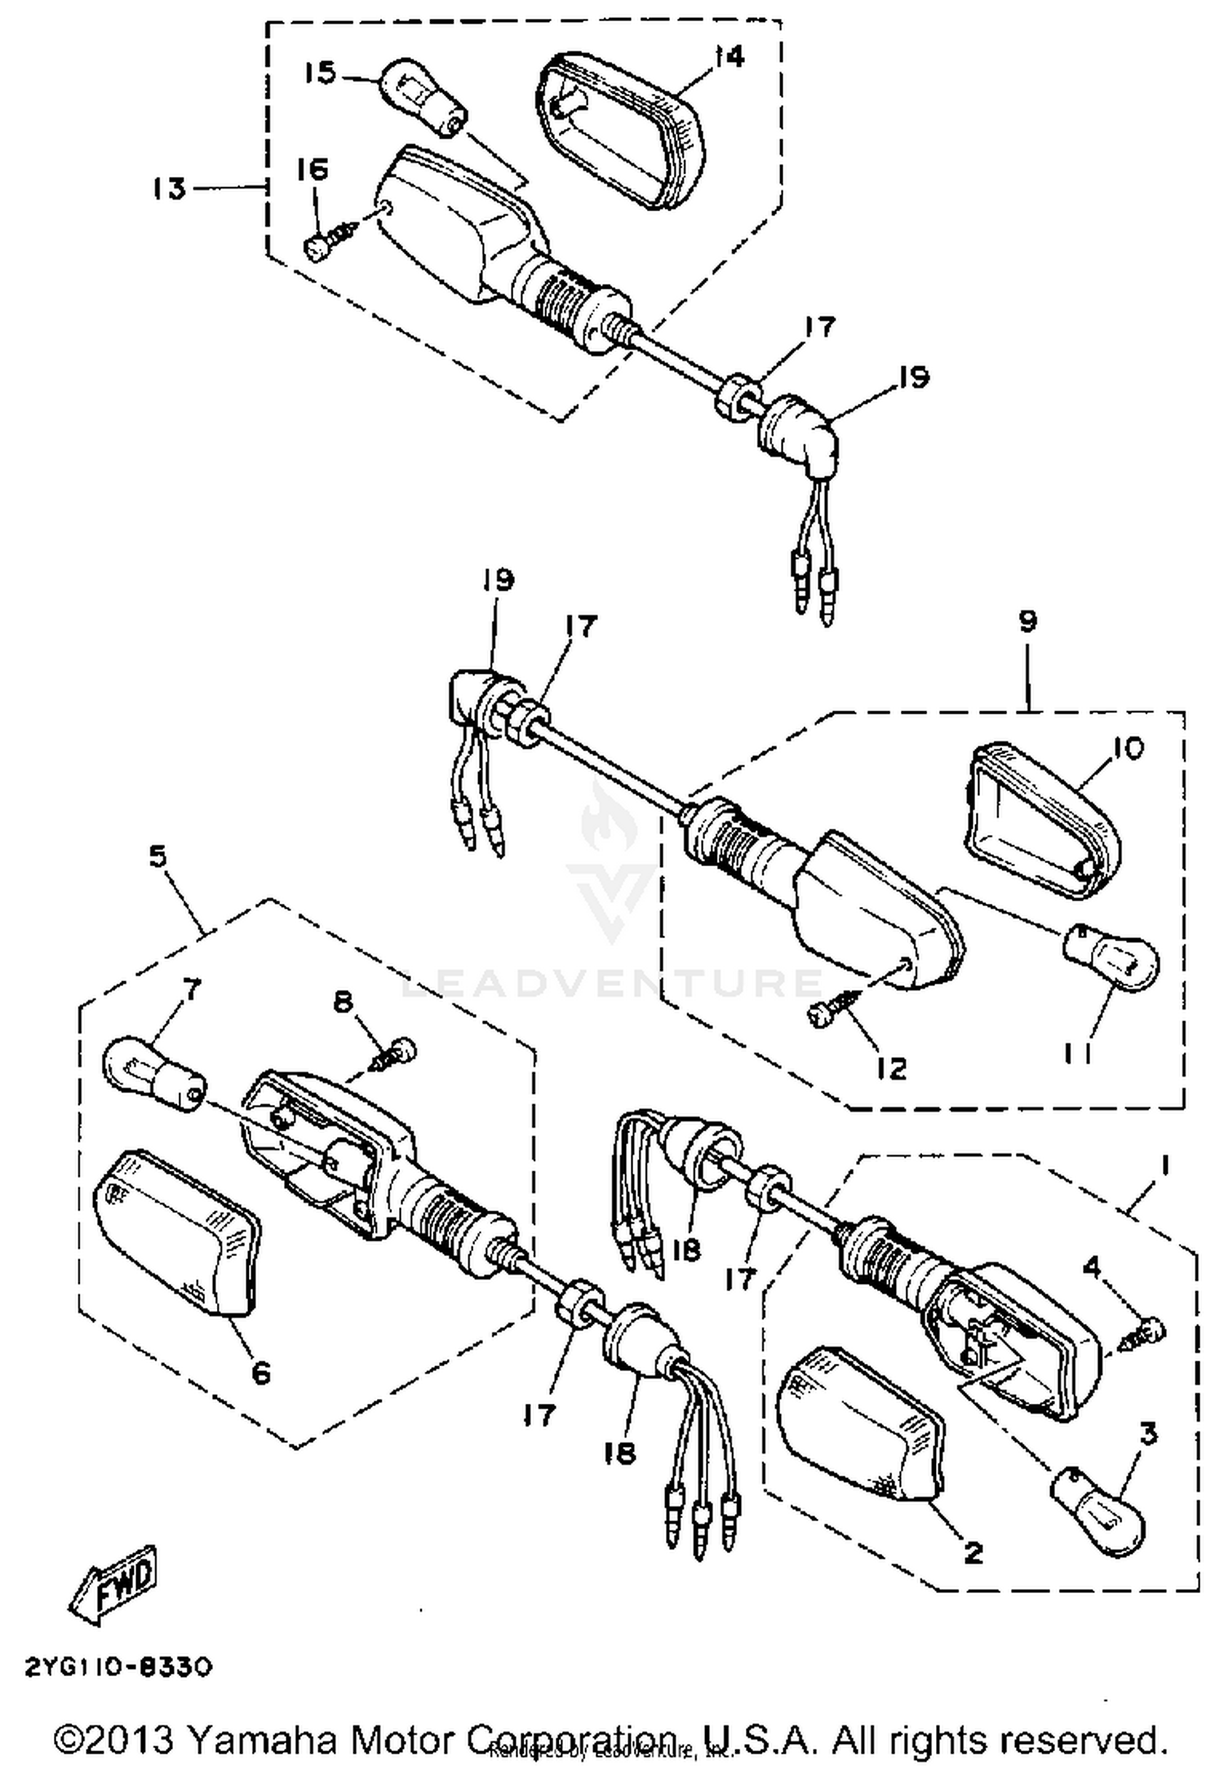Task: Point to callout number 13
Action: click(x=169, y=189)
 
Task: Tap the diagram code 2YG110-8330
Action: click(x=119, y=1667)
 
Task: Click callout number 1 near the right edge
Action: click(x=1162, y=1168)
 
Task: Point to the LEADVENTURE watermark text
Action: click(x=612, y=982)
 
